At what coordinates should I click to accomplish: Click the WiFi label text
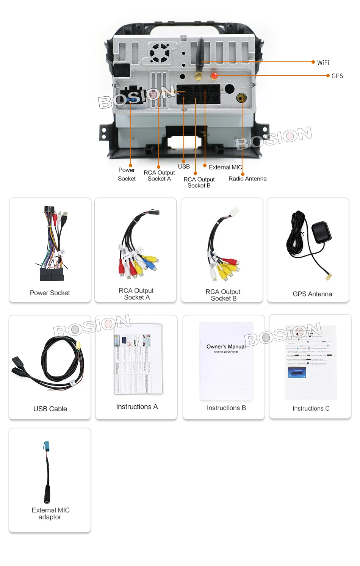point(323,63)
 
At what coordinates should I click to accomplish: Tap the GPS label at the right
point(337,76)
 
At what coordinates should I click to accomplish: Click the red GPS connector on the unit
point(214,76)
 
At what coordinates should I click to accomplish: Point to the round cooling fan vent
point(160,53)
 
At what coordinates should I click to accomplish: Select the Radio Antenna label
point(247,179)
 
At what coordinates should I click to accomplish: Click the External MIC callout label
point(225,167)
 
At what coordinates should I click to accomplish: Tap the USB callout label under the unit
point(184,166)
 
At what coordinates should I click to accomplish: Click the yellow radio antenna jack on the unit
point(241,98)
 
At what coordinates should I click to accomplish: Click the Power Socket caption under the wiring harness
point(50,293)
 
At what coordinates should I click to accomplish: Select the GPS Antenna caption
point(312,294)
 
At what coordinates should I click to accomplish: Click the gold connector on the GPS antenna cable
point(329,277)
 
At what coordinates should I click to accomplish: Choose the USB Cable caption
point(50,409)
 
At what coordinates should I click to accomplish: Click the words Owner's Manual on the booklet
point(226,346)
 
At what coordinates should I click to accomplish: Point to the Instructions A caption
point(137,407)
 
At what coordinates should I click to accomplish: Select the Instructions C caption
point(311,408)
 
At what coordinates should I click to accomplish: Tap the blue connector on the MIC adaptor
point(46,447)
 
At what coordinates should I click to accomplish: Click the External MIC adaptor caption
point(50,513)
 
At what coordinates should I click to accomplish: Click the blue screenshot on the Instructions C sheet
point(297,372)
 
